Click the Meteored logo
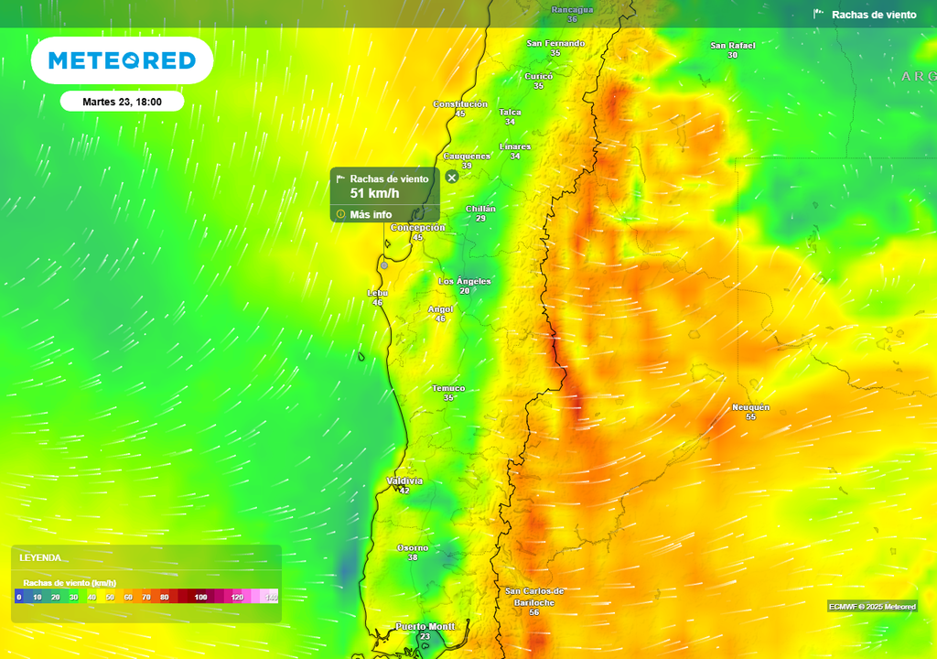pyautogui.click(x=122, y=60)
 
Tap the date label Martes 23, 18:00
pyautogui.click(x=122, y=102)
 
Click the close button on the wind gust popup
pyautogui.click(x=452, y=177)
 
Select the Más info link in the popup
pyautogui.click(x=370, y=215)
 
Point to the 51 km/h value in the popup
pyautogui.click(x=375, y=193)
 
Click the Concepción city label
pyautogui.click(x=417, y=227)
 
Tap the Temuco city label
pyautogui.click(x=448, y=388)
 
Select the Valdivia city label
pyautogui.click(x=404, y=481)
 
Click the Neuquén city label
pyautogui.click(x=750, y=406)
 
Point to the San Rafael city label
pyautogui.click(x=732, y=45)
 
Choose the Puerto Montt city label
pyautogui.click(x=425, y=626)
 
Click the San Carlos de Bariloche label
pyautogui.click(x=534, y=597)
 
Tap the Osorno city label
pyautogui.click(x=412, y=547)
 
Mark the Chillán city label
pyautogui.click(x=480, y=209)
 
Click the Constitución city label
pyautogui.click(x=459, y=104)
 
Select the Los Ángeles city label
pyautogui.click(x=465, y=281)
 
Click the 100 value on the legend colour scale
pyautogui.click(x=200, y=597)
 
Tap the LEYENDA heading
pyautogui.click(x=40, y=557)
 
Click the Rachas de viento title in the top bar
pyautogui.click(x=873, y=15)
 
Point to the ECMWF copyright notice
pyautogui.click(x=872, y=607)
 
